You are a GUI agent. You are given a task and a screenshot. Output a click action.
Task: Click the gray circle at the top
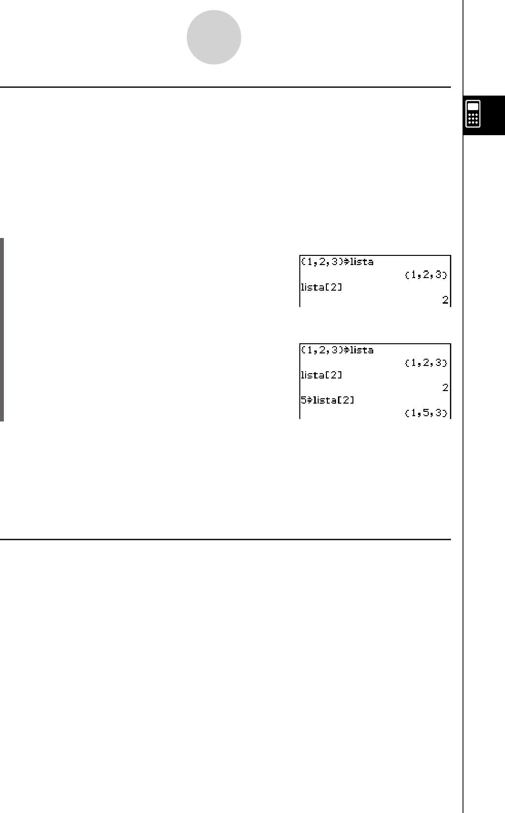pos(214,37)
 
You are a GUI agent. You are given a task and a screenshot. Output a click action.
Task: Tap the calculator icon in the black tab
pos(473,114)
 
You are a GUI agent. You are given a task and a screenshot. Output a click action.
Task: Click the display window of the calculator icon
pos(473,107)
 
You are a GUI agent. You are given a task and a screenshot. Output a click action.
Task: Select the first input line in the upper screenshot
pos(337,262)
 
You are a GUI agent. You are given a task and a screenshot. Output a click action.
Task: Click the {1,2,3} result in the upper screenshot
pos(426,275)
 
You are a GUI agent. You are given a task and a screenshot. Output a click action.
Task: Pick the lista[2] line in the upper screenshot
pos(322,287)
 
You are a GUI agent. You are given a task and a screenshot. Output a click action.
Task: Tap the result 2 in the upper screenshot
pos(445,300)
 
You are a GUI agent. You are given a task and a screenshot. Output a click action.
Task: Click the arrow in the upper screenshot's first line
pos(345,262)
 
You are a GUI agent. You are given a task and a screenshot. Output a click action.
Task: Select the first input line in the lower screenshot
pos(337,350)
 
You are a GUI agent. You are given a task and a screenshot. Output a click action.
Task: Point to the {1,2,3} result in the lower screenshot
pos(426,363)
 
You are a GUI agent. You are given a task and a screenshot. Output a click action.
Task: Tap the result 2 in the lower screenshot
pos(445,388)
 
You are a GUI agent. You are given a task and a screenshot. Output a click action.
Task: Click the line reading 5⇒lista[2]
pos(327,400)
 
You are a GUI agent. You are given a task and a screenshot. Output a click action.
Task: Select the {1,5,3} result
pos(426,413)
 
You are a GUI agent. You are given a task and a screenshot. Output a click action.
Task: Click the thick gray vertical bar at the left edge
pos(2,329)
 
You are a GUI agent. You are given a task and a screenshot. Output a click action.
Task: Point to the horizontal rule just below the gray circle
pos(225,87)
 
